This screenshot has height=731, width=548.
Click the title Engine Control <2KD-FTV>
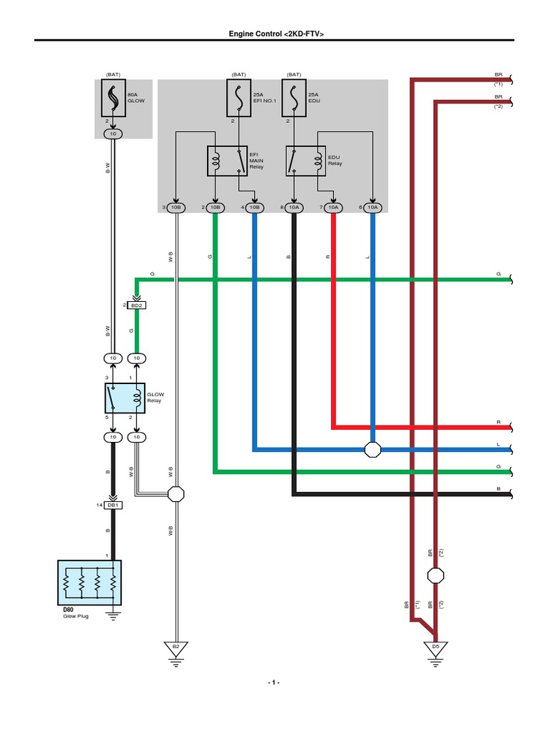pyautogui.click(x=274, y=34)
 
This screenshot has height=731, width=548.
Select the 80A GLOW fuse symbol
pyautogui.click(x=113, y=99)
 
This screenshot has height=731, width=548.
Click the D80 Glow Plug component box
pyautogui.click(x=89, y=578)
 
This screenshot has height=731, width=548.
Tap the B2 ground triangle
pyautogui.click(x=176, y=648)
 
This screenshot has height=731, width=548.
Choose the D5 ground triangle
pyautogui.click(x=435, y=648)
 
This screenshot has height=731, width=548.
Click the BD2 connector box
pyautogui.click(x=136, y=305)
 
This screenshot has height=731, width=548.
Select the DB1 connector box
pyautogui.click(x=113, y=505)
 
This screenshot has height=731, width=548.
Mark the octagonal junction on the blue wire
pyautogui.click(x=372, y=450)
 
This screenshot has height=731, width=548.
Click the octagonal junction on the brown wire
pyautogui.click(x=435, y=575)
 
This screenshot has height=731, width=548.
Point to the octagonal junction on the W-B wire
pyautogui.click(x=176, y=493)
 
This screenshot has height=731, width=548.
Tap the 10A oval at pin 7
pyautogui.click(x=333, y=208)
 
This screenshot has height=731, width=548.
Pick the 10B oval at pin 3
pyautogui.click(x=176, y=208)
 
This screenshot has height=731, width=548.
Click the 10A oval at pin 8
pyautogui.click(x=293, y=208)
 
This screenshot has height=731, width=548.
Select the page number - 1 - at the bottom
pyautogui.click(x=274, y=683)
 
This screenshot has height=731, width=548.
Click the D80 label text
pyautogui.click(x=68, y=609)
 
